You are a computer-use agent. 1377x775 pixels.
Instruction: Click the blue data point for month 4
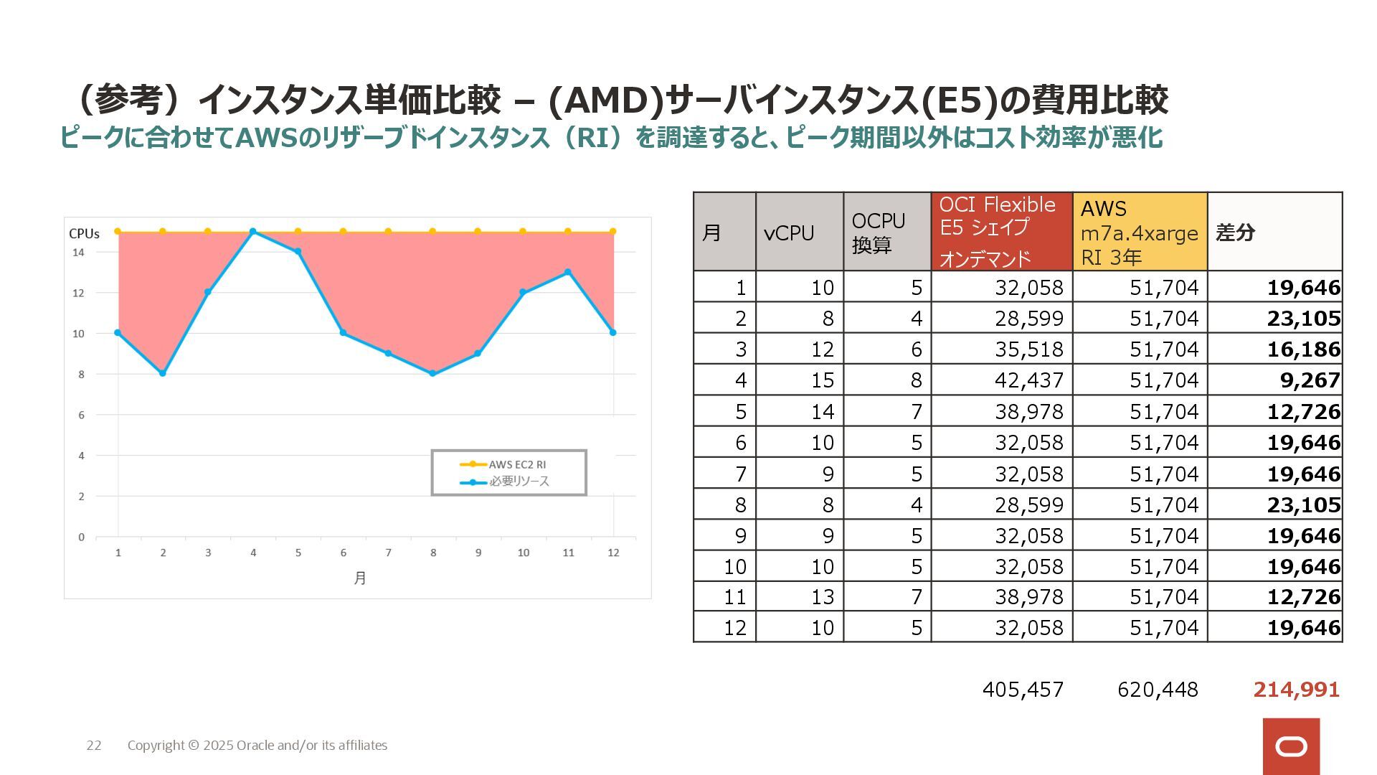(253, 232)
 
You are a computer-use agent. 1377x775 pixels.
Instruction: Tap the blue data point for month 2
(163, 373)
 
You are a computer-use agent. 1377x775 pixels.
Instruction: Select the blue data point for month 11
(568, 272)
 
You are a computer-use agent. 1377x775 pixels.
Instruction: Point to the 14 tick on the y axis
(78, 252)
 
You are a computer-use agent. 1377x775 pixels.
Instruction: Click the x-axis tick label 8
(433, 553)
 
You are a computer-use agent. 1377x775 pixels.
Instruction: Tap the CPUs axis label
(84, 233)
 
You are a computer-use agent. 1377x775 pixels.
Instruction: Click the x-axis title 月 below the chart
(360, 578)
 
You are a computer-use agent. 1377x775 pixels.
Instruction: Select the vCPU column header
(789, 232)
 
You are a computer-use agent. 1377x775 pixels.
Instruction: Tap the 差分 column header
(1235, 232)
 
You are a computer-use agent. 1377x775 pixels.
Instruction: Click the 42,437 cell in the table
(1028, 380)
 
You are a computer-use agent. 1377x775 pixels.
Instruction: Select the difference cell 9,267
(1310, 380)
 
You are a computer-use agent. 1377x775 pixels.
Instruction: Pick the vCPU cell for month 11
(822, 597)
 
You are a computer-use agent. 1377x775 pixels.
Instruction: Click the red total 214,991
(1296, 690)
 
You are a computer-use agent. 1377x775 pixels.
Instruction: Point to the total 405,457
(1023, 690)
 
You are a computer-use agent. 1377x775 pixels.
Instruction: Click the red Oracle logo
(1291, 746)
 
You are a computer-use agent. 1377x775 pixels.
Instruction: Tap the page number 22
(94, 746)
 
